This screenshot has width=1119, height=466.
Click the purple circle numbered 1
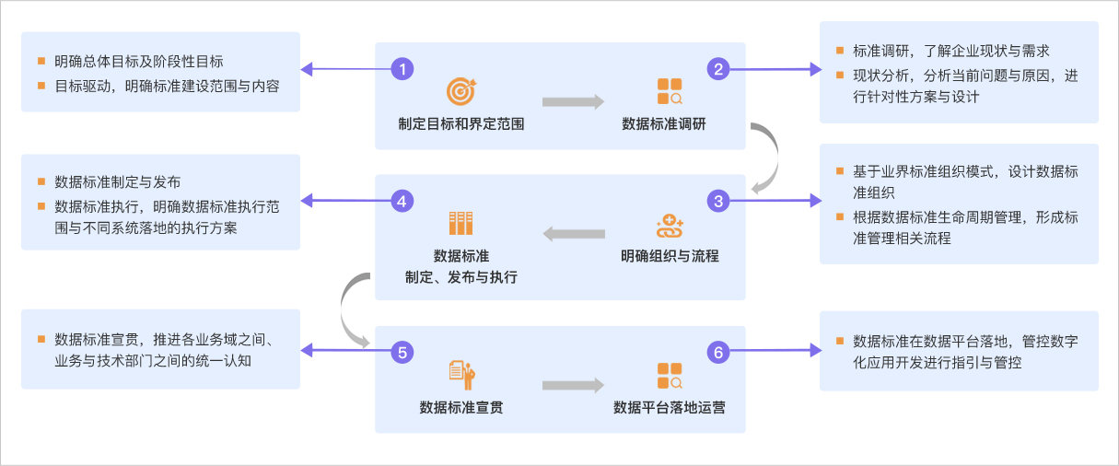tap(402, 68)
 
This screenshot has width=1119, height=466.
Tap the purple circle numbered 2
tap(717, 68)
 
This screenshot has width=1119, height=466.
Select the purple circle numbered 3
tap(717, 200)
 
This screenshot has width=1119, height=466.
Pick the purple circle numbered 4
tap(402, 200)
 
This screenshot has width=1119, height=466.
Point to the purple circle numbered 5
tap(402, 351)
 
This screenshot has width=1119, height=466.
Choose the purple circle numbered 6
tap(717, 351)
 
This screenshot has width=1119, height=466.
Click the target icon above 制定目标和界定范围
tap(460, 90)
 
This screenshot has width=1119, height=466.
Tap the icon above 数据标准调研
tap(670, 90)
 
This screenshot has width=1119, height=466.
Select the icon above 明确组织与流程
tap(670, 224)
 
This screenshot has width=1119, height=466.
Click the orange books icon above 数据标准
tap(460, 223)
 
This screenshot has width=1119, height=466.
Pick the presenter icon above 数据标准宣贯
tap(460, 373)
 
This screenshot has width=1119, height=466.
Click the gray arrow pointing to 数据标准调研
tap(573, 102)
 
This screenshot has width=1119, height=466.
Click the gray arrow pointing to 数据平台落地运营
tap(573, 385)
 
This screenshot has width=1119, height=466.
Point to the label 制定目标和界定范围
tap(460, 123)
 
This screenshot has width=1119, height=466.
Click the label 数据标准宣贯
tap(460, 405)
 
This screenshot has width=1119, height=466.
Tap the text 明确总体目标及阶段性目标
tap(138, 62)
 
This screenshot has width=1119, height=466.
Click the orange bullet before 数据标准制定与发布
tap(41, 181)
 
